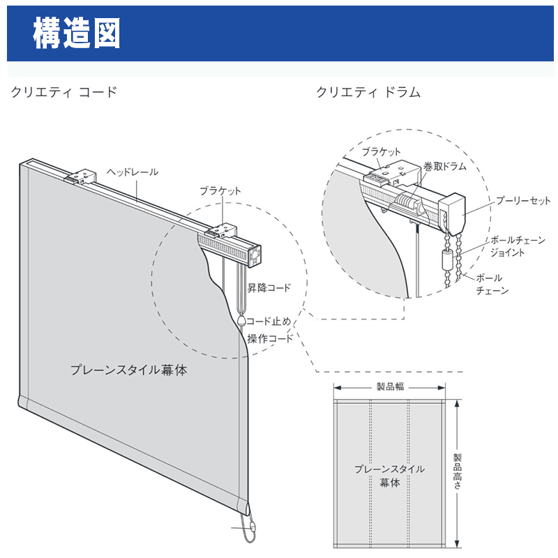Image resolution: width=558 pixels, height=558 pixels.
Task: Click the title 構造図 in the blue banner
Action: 77,33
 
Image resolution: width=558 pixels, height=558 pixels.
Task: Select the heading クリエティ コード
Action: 64,92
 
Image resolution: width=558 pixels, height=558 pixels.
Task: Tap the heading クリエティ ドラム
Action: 368,92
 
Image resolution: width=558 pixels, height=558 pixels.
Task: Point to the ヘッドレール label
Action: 133,172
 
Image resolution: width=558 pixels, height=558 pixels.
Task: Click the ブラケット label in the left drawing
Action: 220,191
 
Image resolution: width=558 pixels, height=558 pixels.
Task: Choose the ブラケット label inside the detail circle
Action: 381,152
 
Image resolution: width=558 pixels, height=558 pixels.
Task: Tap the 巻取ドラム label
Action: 445,166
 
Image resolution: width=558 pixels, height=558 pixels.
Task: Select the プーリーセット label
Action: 523,201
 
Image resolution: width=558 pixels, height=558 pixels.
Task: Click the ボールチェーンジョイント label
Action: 518,246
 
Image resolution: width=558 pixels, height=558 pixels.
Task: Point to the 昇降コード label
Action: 269,287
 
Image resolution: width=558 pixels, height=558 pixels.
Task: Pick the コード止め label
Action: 269,322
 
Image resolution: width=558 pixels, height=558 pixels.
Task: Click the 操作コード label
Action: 270,338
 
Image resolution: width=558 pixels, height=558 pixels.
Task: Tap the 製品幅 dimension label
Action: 390,386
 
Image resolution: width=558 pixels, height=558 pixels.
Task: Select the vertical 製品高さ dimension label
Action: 458,471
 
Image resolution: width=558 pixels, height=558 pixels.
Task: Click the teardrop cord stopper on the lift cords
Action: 241,321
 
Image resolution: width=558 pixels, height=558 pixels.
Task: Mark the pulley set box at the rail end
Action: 452,214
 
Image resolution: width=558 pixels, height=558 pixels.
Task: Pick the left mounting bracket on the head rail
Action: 80,176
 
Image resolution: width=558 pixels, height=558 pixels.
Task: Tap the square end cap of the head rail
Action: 255,256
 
